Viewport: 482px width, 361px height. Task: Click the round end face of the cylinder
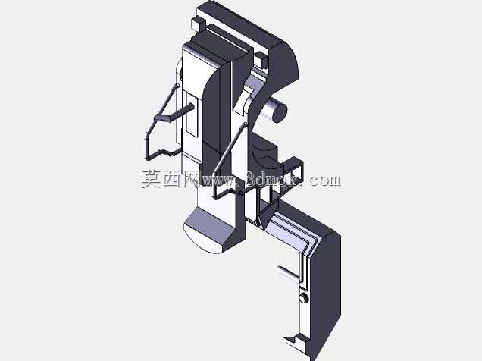(280, 113)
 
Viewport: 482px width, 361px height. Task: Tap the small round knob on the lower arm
(304, 298)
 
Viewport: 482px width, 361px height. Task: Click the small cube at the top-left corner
(199, 23)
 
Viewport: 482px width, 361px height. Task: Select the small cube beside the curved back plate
(261, 60)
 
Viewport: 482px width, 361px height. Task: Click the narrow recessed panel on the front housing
(192, 115)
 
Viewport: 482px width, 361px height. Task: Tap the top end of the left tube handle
(177, 85)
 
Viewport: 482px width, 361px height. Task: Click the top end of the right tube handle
(245, 125)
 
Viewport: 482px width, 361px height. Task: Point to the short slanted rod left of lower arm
(288, 273)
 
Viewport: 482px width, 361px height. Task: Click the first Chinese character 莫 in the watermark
(152, 179)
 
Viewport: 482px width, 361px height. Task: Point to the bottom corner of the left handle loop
(148, 159)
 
